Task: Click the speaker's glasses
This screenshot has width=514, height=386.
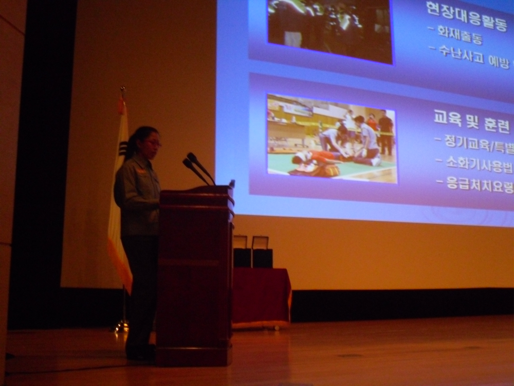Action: pyautogui.click(x=153, y=143)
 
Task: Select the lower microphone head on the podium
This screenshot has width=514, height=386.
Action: pyautogui.click(x=187, y=163)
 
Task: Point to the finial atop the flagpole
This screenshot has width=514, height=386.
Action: pyautogui.click(x=122, y=92)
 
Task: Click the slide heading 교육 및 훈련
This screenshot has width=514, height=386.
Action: pyautogui.click(x=471, y=124)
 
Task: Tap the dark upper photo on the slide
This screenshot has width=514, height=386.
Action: pyautogui.click(x=330, y=30)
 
